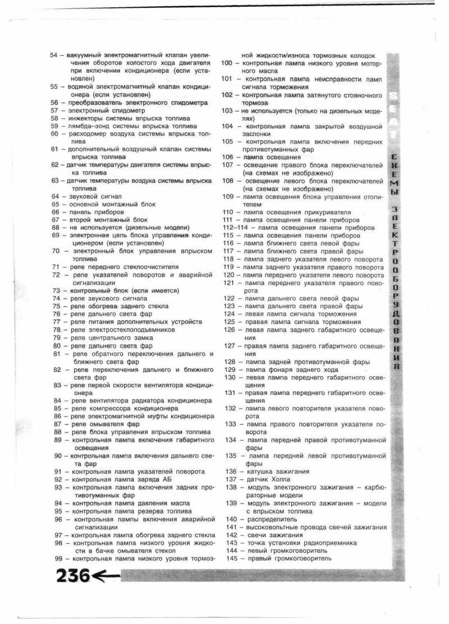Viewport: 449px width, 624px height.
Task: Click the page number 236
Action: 71,575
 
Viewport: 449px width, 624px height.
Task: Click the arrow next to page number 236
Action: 106,576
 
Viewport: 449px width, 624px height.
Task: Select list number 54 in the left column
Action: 54,56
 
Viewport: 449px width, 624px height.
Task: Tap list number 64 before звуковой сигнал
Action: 54,197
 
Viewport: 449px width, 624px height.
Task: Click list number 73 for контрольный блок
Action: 56,291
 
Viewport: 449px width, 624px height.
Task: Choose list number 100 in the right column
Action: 228,64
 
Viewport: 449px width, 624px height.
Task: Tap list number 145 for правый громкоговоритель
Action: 230,558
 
